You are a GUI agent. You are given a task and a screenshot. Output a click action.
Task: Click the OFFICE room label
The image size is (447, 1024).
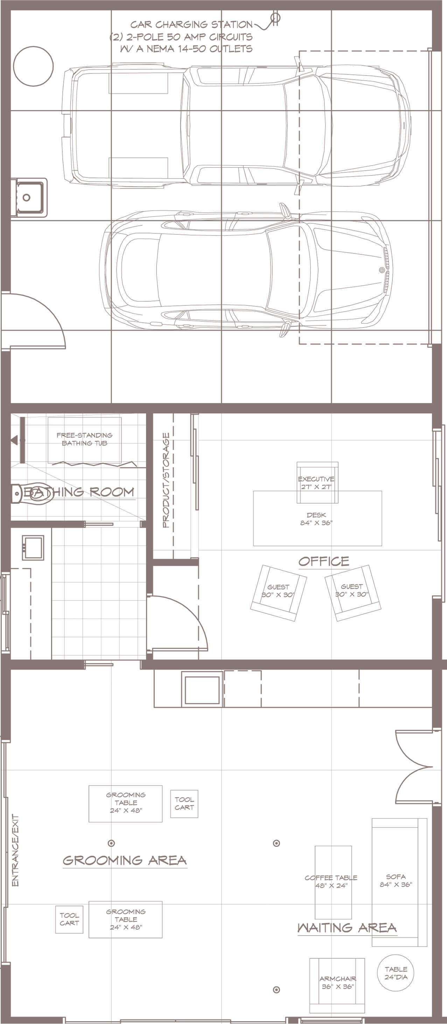click(x=323, y=561)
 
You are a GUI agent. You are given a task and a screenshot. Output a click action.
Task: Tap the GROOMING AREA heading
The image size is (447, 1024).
click(x=125, y=860)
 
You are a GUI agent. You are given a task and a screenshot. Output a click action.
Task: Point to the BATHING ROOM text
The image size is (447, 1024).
click(x=79, y=492)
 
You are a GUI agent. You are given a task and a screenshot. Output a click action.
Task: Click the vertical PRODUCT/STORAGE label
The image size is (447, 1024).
click(x=166, y=480)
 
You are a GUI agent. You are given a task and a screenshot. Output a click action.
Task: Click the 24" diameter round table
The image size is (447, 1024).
click(x=396, y=973)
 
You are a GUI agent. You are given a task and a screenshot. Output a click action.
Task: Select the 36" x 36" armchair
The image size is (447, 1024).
click(x=337, y=980)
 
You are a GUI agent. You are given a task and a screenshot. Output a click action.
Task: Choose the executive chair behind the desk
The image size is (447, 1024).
click(x=317, y=483)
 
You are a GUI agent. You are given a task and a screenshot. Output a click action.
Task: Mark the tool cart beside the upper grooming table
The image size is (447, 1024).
click(x=184, y=804)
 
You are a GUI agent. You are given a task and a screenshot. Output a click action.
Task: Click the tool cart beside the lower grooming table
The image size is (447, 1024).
click(x=69, y=920)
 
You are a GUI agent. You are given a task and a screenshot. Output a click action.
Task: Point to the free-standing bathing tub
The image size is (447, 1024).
click(x=84, y=440)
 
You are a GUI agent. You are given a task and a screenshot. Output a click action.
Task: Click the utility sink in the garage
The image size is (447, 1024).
click(x=29, y=197)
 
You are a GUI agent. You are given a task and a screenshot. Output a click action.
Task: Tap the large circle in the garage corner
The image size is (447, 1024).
click(x=34, y=66)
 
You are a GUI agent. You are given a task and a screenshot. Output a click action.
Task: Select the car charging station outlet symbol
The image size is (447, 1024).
click(x=275, y=18)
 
